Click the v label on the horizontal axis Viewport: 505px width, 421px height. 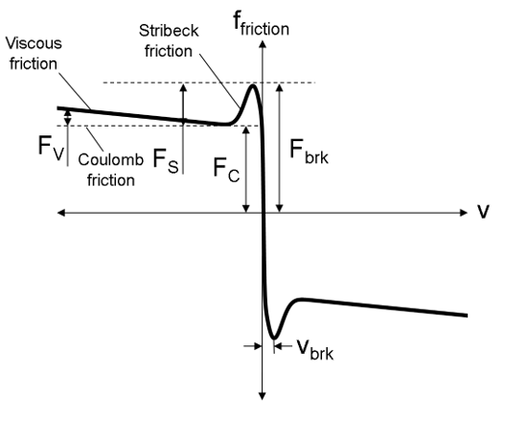484,210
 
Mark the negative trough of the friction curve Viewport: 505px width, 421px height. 274,338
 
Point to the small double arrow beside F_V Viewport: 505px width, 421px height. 67,118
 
